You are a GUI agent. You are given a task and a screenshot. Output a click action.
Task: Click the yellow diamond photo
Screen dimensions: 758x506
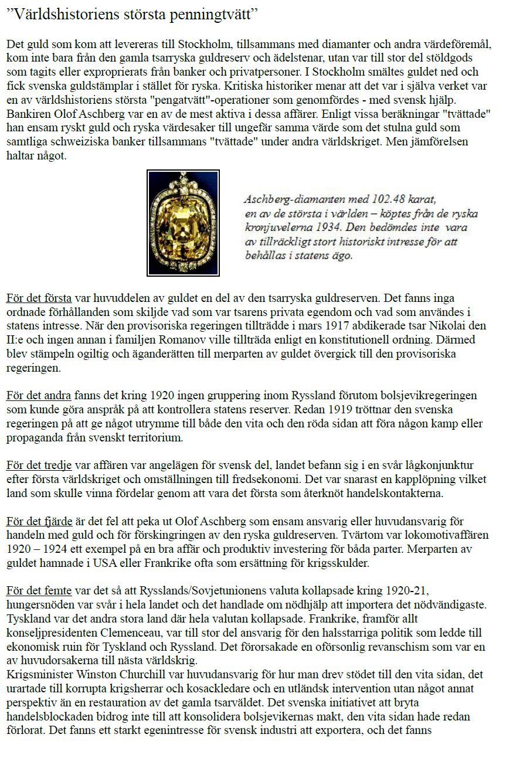(x=183, y=223)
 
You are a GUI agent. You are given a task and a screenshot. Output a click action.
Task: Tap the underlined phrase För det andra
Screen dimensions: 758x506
(x=39, y=396)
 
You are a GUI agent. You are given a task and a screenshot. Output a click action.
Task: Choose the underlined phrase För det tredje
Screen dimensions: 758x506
(x=39, y=466)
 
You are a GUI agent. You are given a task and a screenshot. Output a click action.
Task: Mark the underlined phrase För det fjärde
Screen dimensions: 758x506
(x=39, y=521)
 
